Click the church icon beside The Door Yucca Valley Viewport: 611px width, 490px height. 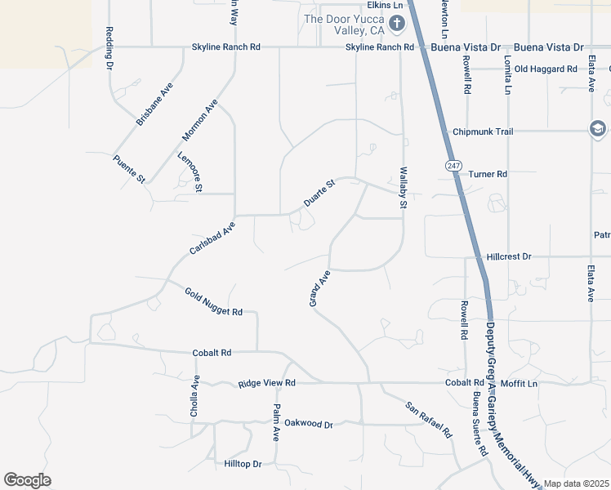pyautogui.click(x=396, y=23)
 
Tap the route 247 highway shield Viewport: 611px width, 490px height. pyautogui.click(x=453, y=166)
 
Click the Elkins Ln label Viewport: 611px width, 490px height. pyautogui.click(x=386, y=5)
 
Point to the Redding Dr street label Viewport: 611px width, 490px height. pyautogui.click(x=109, y=48)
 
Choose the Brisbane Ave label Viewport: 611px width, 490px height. pyautogui.click(x=154, y=104)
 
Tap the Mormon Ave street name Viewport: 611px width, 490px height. pyautogui.click(x=199, y=120)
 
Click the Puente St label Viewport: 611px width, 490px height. pyautogui.click(x=129, y=167)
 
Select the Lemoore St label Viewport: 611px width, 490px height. pyautogui.click(x=190, y=171)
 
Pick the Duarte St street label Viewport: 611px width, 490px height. pyautogui.click(x=319, y=194)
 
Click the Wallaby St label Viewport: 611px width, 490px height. pyautogui.click(x=403, y=189)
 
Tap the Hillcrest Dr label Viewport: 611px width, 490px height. pyautogui.click(x=509, y=256)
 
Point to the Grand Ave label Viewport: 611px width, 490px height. pyautogui.click(x=319, y=288)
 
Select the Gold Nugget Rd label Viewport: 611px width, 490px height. pyautogui.click(x=213, y=302)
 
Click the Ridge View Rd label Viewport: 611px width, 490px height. pyautogui.click(x=266, y=382)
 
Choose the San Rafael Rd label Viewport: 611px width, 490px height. pyautogui.click(x=429, y=420)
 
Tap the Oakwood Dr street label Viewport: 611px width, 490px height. pyautogui.click(x=309, y=424)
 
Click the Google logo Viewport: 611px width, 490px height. pyautogui.click(x=27, y=480)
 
